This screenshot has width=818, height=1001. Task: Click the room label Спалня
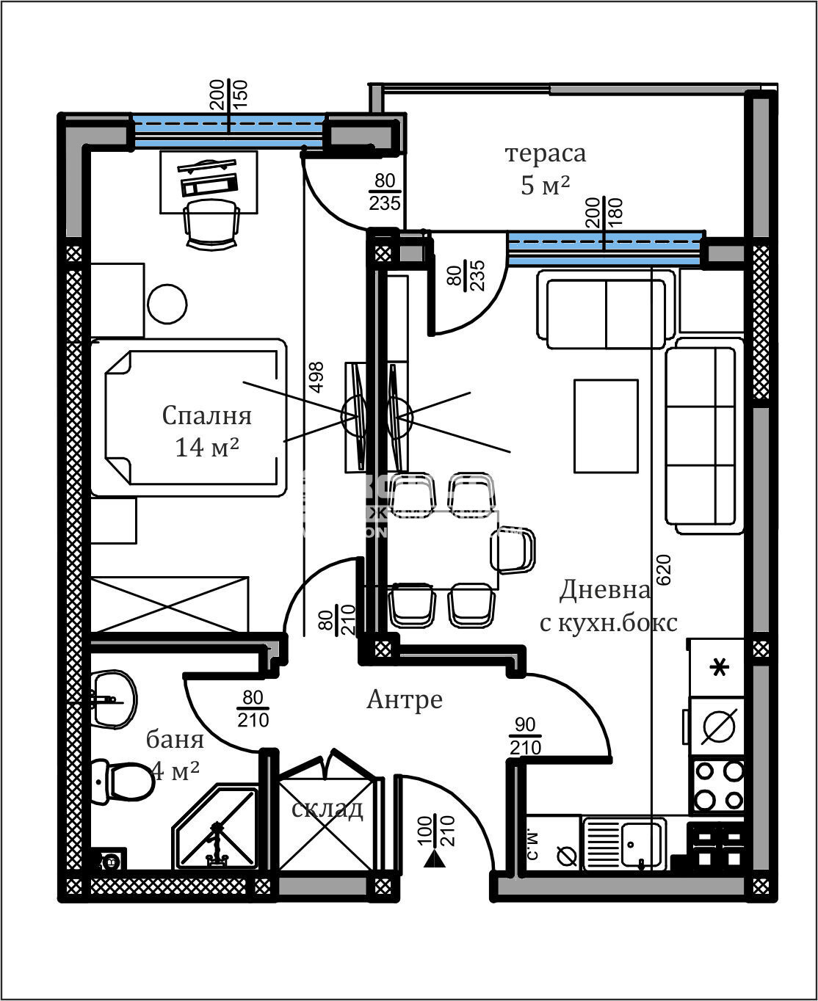206,415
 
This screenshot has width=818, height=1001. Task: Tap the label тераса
545,153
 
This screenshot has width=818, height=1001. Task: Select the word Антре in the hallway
405,699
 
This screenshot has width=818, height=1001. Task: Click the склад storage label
327,809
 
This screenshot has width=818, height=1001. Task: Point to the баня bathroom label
175,739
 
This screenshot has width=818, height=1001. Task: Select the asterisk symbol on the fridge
719,669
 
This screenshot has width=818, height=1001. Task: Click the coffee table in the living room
606,426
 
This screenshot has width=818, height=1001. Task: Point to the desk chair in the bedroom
212,223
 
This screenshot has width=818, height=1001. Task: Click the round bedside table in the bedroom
167,303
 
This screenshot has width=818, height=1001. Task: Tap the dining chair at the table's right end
513,550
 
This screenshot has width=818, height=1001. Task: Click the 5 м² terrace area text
545,186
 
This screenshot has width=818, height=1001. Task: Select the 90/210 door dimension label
525,736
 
